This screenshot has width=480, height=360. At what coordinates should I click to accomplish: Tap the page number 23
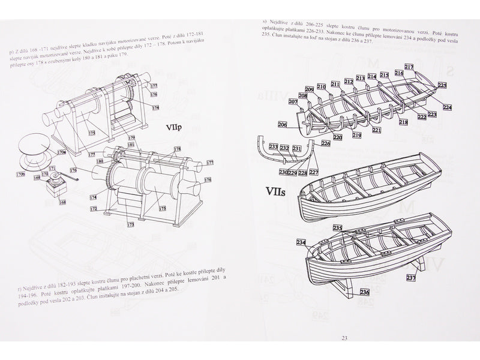[x=344, y=338]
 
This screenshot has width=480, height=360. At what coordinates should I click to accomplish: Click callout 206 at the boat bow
[x=283, y=125]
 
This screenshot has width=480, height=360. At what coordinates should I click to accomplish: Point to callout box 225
[x=442, y=85]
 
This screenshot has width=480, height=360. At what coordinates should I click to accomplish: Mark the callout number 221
[x=376, y=130]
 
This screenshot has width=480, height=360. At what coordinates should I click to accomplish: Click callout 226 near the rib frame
[x=326, y=143]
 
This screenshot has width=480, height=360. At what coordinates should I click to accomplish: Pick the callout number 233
[x=274, y=147]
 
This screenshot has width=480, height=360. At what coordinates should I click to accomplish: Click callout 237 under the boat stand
[x=410, y=277]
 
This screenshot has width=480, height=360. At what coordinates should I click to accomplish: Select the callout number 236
[x=364, y=292]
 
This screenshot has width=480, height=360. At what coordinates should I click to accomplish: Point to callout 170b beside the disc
[x=20, y=175]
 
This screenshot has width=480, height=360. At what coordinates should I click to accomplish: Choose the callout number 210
[x=322, y=87]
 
